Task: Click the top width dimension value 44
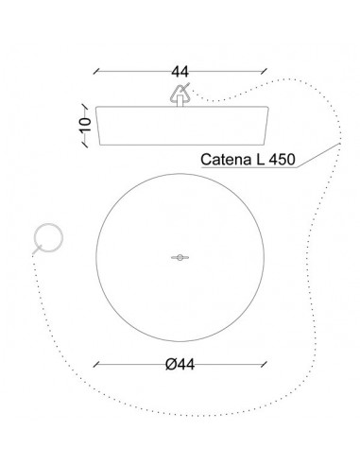pos(180,72)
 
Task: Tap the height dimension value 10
pos(85,125)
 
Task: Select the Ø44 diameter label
pos(180,365)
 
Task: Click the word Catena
pos(226,160)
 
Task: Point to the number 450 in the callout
pos(282,160)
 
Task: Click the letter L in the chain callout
pos(260,160)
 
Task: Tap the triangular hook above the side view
pos(180,94)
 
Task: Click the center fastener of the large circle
pos(180,257)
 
